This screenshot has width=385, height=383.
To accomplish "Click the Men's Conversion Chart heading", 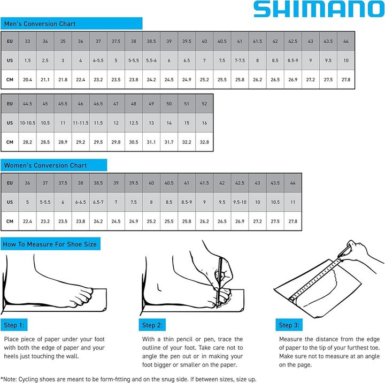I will (x=40, y=24).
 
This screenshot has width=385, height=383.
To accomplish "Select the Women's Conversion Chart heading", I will (x=45, y=165).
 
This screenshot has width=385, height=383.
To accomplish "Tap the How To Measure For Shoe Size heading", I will (x=50, y=244).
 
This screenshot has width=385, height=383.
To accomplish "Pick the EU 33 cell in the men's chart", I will (x=28, y=41).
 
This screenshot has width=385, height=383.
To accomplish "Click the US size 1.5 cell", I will (x=28, y=60).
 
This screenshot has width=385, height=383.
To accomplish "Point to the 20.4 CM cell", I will (x=28, y=80).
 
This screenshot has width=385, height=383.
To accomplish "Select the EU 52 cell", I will (x=204, y=103).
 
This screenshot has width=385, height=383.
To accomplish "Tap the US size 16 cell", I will (x=204, y=122).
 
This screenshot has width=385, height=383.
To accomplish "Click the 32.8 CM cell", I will (x=204, y=142).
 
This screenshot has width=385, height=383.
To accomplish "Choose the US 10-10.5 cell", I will (x=28, y=122).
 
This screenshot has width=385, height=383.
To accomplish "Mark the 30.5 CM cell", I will (x=134, y=142).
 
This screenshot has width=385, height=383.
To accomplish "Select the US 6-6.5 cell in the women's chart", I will (x=81, y=202).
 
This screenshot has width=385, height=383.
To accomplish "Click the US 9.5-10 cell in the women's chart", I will (x=240, y=202).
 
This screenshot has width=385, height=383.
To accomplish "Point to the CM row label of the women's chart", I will (x=10, y=221).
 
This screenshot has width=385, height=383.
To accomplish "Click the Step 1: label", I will (x=14, y=325).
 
